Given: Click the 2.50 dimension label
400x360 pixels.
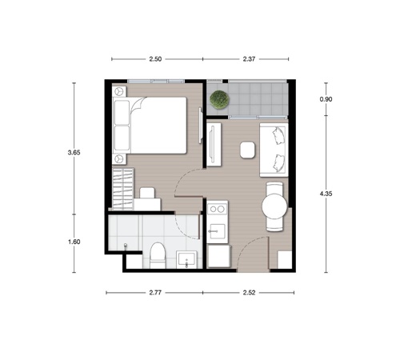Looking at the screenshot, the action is point(155,59).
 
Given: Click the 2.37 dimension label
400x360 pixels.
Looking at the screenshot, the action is point(249,59).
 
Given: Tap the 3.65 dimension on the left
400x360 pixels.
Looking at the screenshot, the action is point(74,153).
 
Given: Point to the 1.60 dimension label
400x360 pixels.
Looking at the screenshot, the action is point(74,242).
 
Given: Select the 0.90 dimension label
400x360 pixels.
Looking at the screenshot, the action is point(326,99).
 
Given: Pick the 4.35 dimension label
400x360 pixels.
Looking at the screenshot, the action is point(326,194).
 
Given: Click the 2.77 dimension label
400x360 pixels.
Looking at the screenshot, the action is point(155,293).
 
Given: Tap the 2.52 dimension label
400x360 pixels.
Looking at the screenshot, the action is point(249,293).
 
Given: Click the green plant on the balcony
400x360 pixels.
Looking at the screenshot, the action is point(219,100).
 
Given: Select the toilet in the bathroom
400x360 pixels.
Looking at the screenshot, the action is point(158,255).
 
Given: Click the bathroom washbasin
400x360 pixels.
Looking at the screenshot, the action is point(186,259).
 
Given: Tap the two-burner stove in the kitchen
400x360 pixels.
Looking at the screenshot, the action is point(218,209).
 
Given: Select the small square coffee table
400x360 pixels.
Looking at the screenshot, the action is point(247,150).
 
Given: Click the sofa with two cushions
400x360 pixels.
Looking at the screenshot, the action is point(274,150).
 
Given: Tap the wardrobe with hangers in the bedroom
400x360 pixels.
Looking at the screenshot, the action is point(122,189).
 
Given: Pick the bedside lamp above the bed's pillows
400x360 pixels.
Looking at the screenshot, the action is point(119,91).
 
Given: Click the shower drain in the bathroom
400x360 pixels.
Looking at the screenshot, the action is point(126,246).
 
